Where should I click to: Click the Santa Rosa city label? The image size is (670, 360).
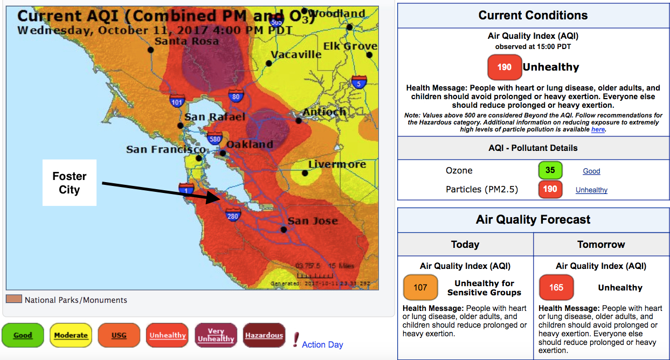point(187,41)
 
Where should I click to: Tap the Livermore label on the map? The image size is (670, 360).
point(337,164)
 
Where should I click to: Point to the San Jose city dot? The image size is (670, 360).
point(284,230)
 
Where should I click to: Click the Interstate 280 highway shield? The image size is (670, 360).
point(233,216)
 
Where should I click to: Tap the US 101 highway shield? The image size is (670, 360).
point(177,100)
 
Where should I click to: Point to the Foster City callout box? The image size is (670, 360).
point(70,183)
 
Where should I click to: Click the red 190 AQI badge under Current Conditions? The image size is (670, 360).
point(505,67)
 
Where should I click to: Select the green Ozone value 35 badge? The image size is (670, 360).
point(550,170)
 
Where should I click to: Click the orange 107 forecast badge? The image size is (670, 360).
point(420,287)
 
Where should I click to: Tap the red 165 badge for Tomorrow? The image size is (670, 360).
point(556,287)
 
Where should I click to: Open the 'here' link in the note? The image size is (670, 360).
point(598,129)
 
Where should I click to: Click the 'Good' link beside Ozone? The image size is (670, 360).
point(591,171)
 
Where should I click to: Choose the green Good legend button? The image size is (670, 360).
point(23,335)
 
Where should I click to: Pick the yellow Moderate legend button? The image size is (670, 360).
point(71,335)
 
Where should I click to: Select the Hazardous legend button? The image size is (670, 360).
point(264,335)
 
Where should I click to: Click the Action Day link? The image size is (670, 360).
point(322,344)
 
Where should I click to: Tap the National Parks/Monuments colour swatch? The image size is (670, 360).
point(13,299)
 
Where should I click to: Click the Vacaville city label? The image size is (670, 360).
point(296,54)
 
